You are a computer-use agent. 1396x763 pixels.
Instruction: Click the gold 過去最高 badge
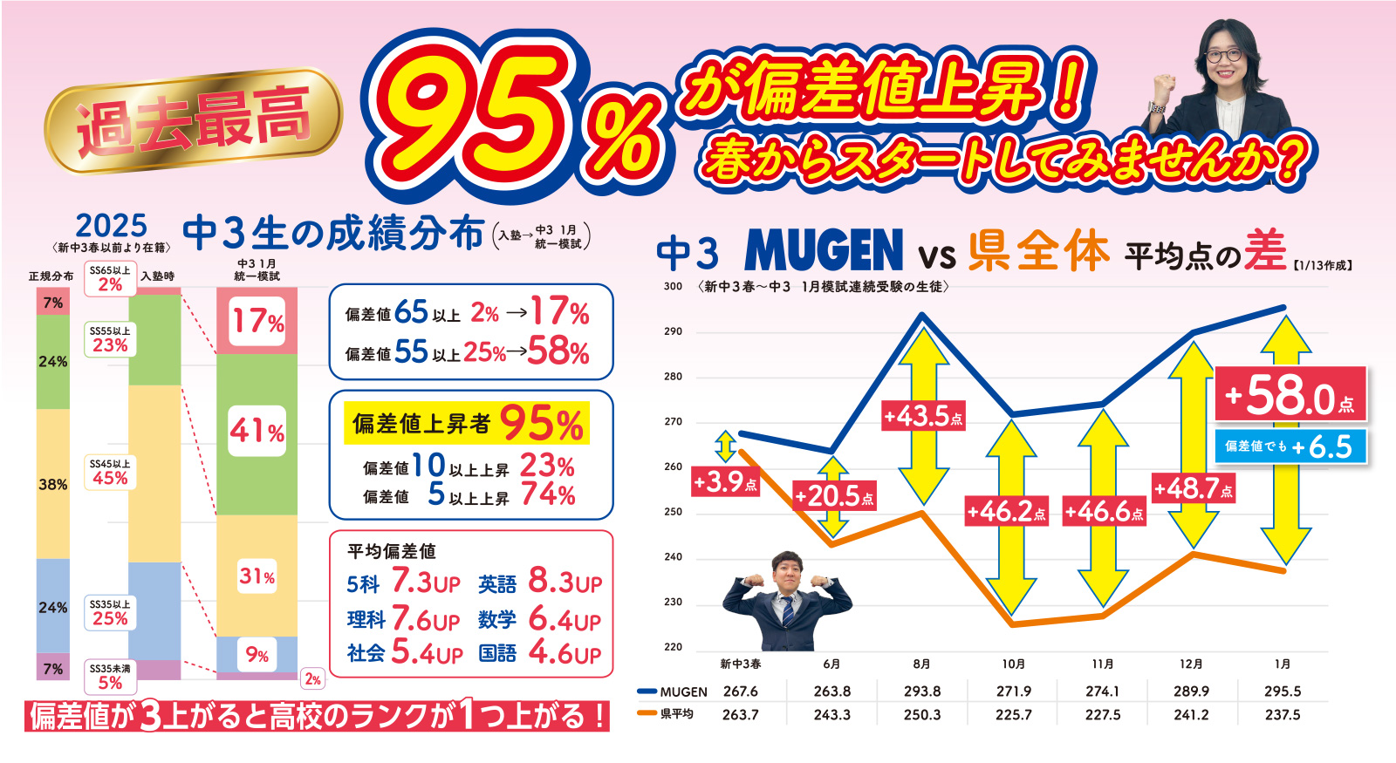click(193, 122)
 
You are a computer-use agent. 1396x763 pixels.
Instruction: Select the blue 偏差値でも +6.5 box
click(1290, 446)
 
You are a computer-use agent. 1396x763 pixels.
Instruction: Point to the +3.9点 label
click(724, 481)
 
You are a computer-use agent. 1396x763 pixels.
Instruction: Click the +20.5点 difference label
click(834, 496)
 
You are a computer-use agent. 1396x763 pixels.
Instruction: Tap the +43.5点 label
click(922, 416)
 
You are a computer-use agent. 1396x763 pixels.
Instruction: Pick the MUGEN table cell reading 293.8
click(922, 691)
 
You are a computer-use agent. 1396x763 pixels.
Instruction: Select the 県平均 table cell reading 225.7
click(1014, 715)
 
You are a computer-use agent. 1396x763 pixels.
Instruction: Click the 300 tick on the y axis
click(673, 286)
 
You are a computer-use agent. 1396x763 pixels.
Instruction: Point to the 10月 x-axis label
click(1014, 664)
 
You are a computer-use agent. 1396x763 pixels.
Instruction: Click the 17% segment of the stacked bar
click(257, 322)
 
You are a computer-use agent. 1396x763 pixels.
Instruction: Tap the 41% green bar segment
click(257, 431)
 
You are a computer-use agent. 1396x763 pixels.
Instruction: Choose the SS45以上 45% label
click(110, 473)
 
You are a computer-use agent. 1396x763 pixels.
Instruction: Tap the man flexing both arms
click(787, 600)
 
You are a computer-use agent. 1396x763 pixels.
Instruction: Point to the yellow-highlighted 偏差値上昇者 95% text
click(467, 424)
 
